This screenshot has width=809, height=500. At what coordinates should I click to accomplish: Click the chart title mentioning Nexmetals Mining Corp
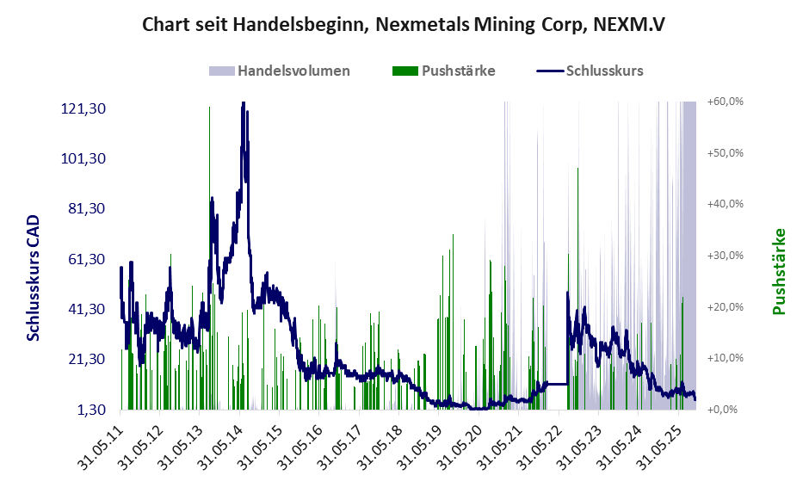coord(404,25)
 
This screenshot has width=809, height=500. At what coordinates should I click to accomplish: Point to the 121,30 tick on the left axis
coord(83,108)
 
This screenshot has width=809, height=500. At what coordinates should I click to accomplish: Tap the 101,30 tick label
coord(83,158)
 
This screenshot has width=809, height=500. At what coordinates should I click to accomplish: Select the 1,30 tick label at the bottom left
coord(90,410)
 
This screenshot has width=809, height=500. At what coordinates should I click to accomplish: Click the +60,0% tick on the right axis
coord(725,102)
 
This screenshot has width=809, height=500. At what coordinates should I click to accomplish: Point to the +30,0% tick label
coord(725,256)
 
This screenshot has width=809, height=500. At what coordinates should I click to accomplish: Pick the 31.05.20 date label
coord(463,445)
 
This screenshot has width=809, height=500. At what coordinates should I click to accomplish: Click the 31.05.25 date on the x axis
coord(662,445)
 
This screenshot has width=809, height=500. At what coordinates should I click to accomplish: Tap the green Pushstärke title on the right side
coord(780,271)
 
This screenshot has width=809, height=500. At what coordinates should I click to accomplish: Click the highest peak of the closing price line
coord(244,103)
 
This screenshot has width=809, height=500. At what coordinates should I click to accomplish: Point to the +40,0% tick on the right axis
coord(725,204)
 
